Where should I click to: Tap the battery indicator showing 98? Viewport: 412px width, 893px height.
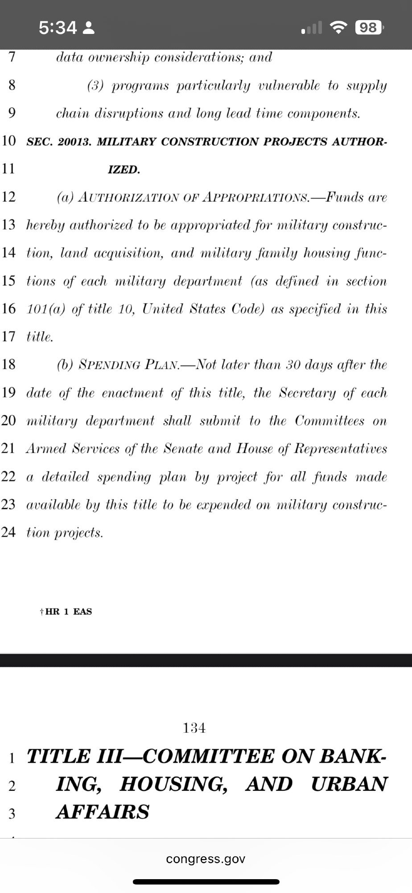[x=368, y=28]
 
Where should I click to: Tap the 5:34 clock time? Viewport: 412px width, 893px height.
[x=58, y=28]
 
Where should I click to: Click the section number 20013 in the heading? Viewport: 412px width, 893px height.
[x=74, y=142]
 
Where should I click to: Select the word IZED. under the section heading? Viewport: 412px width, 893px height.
[x=124, y=170]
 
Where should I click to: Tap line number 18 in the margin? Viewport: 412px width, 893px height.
[x=8, y=364]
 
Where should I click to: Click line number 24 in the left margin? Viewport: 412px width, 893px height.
[x=8, y=532]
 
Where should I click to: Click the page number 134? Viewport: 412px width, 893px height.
[x=194, y=728]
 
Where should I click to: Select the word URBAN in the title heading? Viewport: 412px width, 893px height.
[x=349, y=784]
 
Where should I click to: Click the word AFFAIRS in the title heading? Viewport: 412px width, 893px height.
[x=103, y=812]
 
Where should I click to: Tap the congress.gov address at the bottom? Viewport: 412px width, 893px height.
[x=206, y=859]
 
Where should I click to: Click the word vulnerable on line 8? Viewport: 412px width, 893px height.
[x=289, y=86]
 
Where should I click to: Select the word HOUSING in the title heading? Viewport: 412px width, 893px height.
[x=173, y=784]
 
